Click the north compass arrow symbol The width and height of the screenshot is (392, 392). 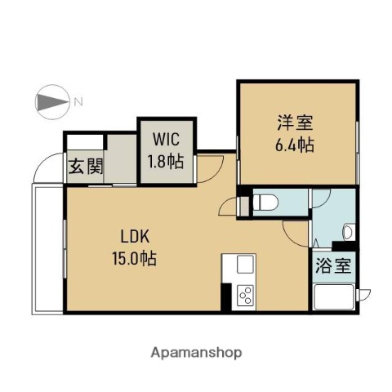[53, 103]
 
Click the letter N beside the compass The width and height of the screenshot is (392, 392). [78, 103]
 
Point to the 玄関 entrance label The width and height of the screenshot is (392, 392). [85, 167]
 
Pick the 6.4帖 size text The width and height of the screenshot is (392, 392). [296, 145]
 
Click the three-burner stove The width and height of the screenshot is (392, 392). [245, 296]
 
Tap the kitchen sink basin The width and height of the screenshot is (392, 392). [244, 265]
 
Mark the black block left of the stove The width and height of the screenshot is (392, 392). [226, 296]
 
